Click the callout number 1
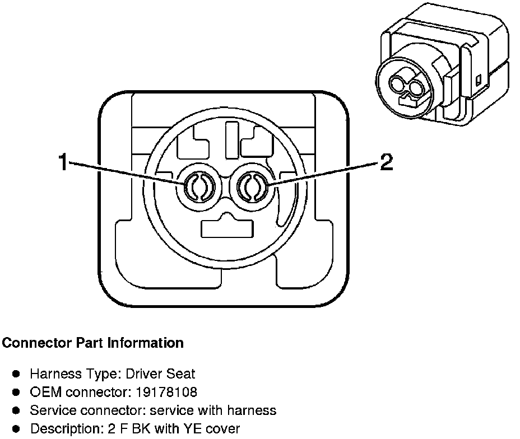coord(63,163)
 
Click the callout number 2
coord(386,162)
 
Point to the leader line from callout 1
coord(129,175)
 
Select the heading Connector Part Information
coord(92,343)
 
